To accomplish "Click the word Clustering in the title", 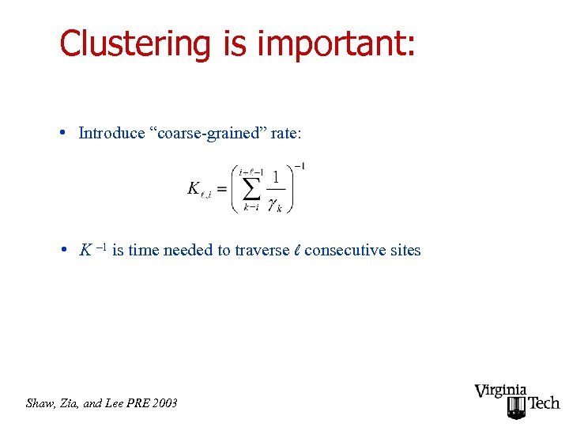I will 134,44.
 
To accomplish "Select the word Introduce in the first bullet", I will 110,133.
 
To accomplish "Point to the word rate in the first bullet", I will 285,133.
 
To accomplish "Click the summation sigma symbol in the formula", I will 251,188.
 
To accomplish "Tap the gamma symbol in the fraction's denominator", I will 273,205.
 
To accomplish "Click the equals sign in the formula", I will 221,189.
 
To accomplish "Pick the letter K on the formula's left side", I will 194,188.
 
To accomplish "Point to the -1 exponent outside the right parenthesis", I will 300,166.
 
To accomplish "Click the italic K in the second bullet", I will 85,251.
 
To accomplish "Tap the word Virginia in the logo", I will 501,391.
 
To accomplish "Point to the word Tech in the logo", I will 543,403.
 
